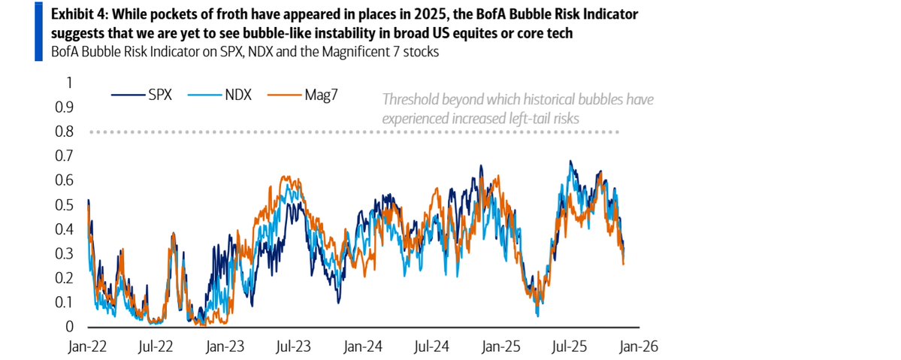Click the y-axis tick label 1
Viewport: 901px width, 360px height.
pyautogui.click(x=70, y=83)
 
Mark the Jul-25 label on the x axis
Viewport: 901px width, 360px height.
pyautogui.click(x=568, y=348)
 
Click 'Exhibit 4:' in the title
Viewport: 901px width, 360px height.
pyautogui.click(x=77, y=14)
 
